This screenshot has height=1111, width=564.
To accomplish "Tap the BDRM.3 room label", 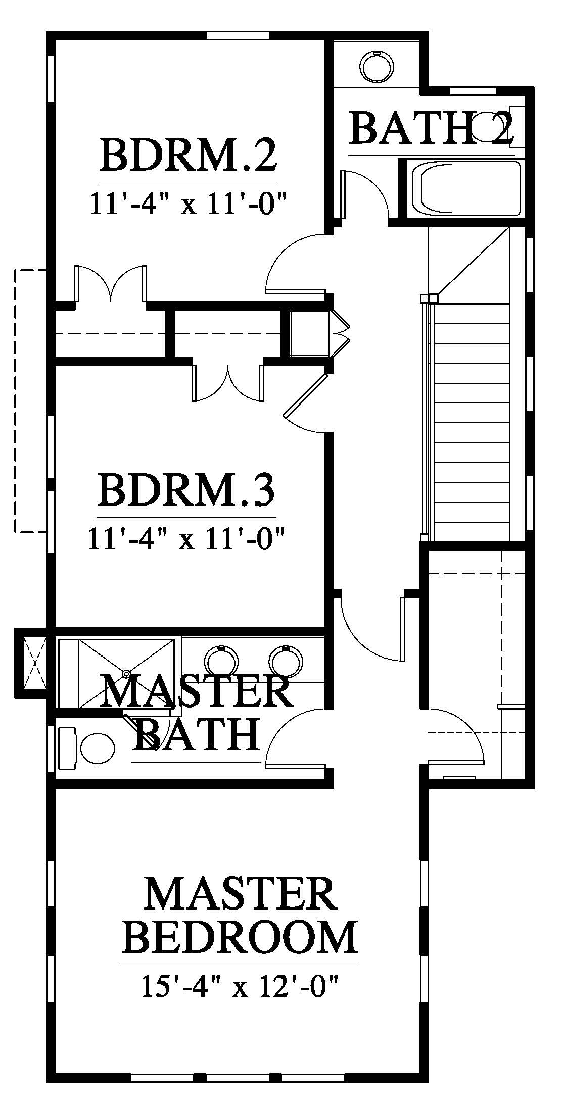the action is coord(187,490).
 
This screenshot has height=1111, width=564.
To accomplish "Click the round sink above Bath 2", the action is coord(376,65).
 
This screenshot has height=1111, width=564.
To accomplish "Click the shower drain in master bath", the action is coord(126,674).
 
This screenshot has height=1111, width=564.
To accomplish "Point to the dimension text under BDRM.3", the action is coord(187,540).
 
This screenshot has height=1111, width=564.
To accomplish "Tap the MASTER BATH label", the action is coord(197,715).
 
